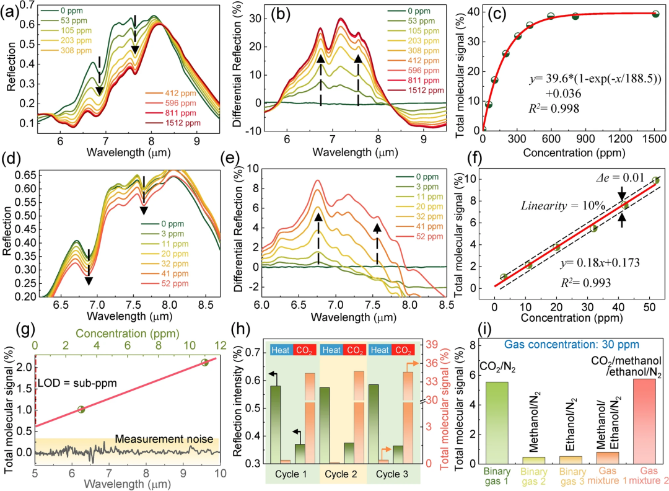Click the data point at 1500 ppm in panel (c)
tap(655, 14)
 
